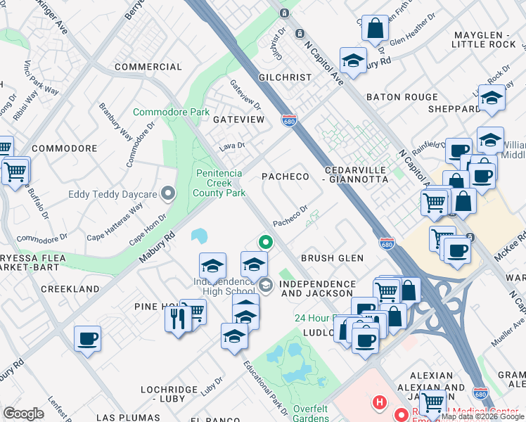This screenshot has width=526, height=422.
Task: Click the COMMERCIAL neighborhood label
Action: pyautogui.click(x=148, y=67)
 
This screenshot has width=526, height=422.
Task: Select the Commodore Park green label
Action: pyautogui.click(x=172, y=112)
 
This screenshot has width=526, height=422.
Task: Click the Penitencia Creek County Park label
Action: pyautogui.click(x=220, y=182)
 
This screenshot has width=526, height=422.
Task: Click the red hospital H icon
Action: pyautogui.click(x=380, y=403)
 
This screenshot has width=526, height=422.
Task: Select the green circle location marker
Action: pyautogui.click(x=266, y=243)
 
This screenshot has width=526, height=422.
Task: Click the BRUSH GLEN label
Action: pyautogui.click(x=332, y=258)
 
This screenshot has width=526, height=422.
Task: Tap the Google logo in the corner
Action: pyautogui.click(x=23, y=413)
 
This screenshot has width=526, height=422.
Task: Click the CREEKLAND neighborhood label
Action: pyautogui.click(x=70, y=289)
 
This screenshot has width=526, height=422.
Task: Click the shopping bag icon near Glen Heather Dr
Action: pyautogui.click(x=375, y=30)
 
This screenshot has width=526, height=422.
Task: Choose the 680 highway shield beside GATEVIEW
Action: pyautogui.click(x=288, y=120)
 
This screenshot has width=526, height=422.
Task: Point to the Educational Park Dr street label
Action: pyautogui.click(x=267, y=387)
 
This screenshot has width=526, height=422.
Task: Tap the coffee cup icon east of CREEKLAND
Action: pyautogui.click(x=87, y=339)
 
